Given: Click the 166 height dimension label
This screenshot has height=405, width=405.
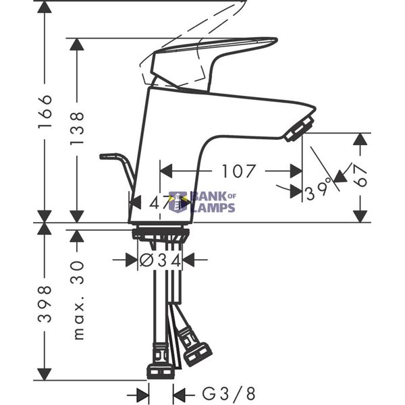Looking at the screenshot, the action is click(45, 111).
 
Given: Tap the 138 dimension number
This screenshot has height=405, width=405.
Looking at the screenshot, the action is click(77, 128).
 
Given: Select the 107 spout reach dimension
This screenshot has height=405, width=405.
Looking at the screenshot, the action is click(239, 171).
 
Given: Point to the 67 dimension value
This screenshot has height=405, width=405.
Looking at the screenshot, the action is click(360, 175).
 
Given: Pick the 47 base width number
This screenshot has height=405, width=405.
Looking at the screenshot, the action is click(158, 203).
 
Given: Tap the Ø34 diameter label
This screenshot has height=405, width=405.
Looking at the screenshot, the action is click(160, 260).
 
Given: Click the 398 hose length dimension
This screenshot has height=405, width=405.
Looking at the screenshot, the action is click(45, 304).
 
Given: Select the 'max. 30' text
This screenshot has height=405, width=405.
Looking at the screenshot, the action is click(78, 300).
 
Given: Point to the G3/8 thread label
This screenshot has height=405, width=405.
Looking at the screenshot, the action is click(228, 394).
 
